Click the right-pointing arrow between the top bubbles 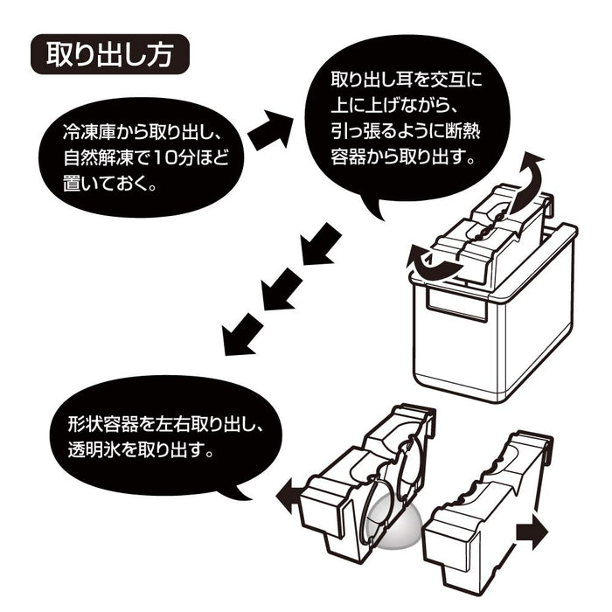point(271,131)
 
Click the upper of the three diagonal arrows point(319,244)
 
